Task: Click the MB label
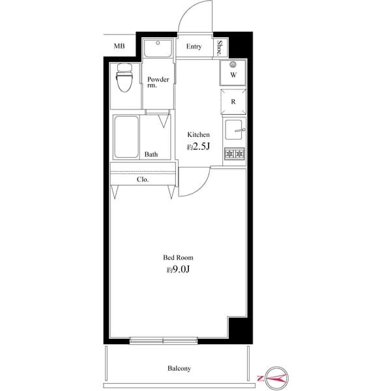tap(119, 46)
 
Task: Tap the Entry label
tap(194, 47)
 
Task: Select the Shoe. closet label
tap(220, 48)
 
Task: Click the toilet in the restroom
tap(124, 78)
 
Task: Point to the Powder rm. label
tap(158, 82)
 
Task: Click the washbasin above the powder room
tap(158, 48)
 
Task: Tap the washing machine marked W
tap(233, 73)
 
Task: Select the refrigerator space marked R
tap(233, 102)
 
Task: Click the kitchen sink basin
tap(233, 130)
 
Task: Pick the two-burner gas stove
tap(235, 154)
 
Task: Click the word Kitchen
tap(198, 135)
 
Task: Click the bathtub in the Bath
tap(126, 137)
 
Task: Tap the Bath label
tap(151, 154)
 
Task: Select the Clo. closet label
tap(143, 180)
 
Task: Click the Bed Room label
tap(178, 257)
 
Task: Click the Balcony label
tap(179, 368)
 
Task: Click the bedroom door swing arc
tap(201, 188)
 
